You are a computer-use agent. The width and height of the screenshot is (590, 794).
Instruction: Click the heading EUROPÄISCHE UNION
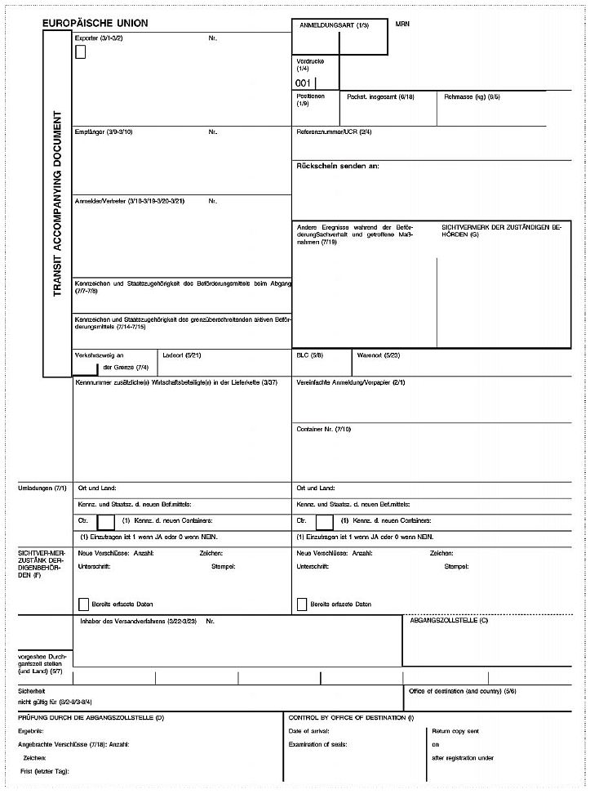click(95, 24)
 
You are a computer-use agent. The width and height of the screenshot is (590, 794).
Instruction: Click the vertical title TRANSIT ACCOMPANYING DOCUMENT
click(57, 203)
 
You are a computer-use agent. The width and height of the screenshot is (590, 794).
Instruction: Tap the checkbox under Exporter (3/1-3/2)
click(80, 53)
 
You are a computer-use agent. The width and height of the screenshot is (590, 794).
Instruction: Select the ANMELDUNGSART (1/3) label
click(335, 27)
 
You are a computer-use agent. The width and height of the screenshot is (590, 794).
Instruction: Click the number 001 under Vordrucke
click(303, 83)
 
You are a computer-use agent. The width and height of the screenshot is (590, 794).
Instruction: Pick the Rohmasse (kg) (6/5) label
click(472, 97)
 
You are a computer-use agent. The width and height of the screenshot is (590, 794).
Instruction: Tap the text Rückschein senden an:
click(337, 166)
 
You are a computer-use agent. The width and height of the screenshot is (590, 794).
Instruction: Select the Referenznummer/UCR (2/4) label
click(334, 132)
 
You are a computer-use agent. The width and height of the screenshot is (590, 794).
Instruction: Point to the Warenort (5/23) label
click(378, 356)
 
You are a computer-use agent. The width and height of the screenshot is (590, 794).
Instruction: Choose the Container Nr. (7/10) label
click(323, 428)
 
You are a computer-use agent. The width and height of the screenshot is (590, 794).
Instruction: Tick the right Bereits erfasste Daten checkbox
click(302, 604)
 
